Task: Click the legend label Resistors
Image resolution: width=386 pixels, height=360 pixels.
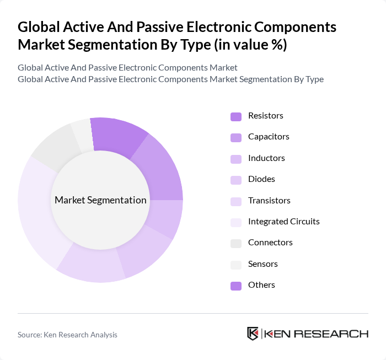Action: (265, 116)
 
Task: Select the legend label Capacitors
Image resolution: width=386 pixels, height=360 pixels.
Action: (269, 137)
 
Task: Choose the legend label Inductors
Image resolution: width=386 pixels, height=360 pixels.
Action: (266, 158)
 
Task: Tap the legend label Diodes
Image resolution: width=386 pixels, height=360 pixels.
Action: (261, 179)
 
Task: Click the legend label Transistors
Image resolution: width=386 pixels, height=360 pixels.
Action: (269, 201)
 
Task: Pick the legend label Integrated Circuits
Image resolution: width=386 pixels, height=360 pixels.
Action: (283, 222)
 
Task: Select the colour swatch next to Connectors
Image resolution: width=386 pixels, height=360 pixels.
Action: (235, 243)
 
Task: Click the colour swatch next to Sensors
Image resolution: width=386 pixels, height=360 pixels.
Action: (235, 265)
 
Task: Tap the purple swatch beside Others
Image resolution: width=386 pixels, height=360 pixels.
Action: (235, 286)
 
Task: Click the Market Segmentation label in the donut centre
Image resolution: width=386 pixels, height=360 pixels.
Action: (100, 200)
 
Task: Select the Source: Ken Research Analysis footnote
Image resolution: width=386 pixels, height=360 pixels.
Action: (67, 335)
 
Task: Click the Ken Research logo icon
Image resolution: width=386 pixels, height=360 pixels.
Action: (253, 334)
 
